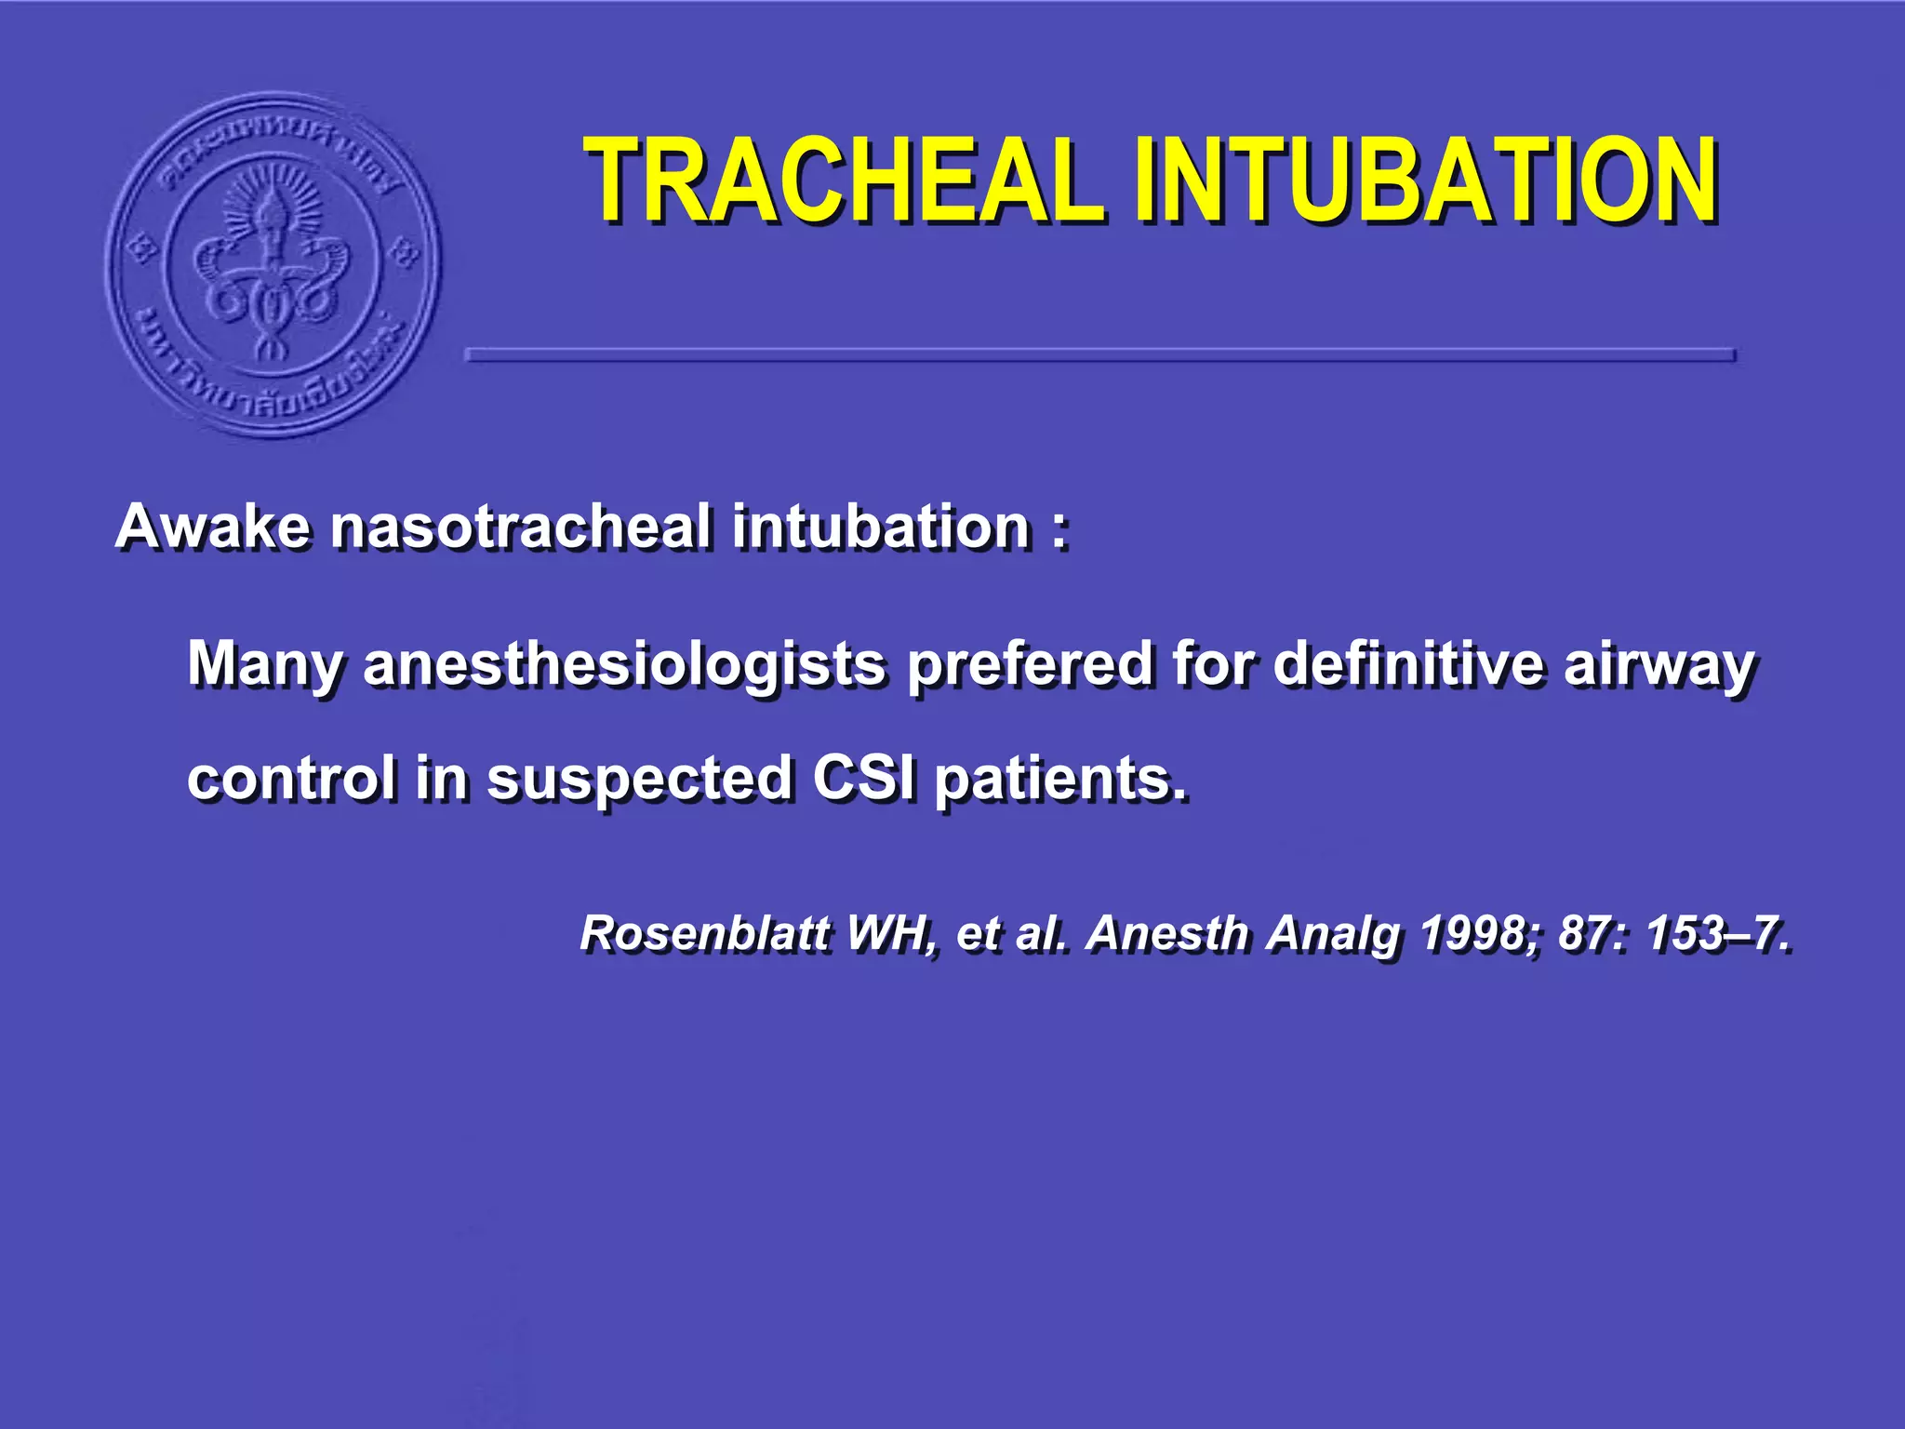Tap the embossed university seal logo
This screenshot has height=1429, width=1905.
[273, 264]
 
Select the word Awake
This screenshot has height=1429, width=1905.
[212, 527]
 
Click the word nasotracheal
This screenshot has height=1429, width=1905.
[522, 527]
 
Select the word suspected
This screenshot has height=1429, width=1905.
[640, 780]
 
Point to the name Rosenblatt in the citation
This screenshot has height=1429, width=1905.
[704, 933]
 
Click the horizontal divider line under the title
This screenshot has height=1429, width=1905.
[1099, 354]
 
